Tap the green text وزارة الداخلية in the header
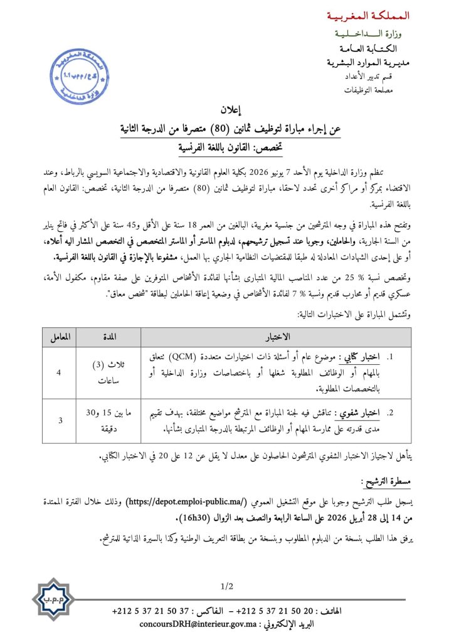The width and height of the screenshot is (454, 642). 374,33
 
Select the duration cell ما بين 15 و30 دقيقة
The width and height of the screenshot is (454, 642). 108,417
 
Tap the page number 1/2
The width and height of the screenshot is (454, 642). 226,587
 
